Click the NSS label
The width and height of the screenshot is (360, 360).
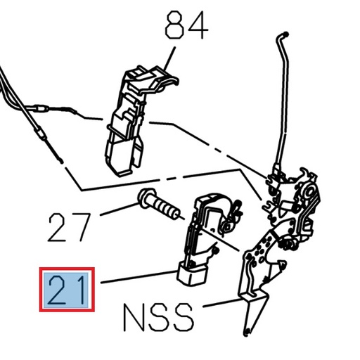(158, 318)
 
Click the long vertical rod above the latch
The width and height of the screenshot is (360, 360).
(283, 105)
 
